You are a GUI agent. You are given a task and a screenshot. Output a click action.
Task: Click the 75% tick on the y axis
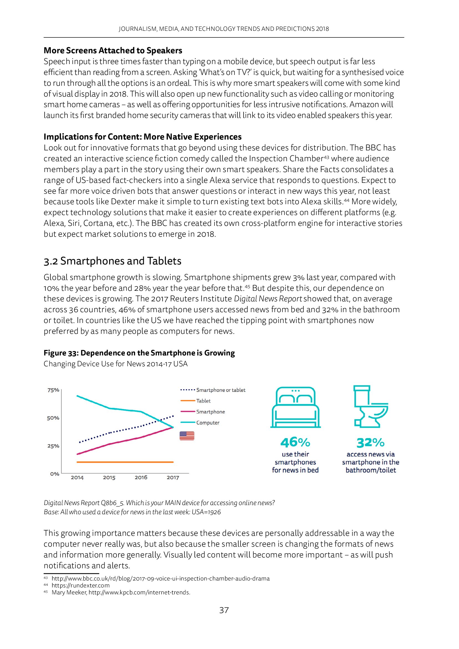point(53,390)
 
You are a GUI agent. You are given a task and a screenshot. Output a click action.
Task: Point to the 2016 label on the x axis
point(141,478)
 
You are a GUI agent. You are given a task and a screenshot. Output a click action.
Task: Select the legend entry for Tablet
point(203,401)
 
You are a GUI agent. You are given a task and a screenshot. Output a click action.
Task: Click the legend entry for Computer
point(208,423)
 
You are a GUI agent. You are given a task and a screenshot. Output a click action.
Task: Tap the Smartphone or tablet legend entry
point(221,390)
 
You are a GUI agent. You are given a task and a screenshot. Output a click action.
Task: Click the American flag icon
point(187,436)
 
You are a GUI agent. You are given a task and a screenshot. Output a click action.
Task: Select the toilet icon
point(370,406)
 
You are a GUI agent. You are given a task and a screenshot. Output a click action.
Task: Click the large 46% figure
point(295,442)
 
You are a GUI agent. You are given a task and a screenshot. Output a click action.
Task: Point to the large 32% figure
point(370,443)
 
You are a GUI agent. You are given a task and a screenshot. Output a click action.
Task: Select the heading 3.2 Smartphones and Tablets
point(112,261)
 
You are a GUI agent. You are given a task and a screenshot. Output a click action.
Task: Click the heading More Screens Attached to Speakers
point(113,50)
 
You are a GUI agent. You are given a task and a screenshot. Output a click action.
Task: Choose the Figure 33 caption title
point(139,353)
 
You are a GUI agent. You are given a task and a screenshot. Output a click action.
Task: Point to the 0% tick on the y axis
point(55,474)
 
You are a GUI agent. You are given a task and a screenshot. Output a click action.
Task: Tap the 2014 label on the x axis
point(77,478)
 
